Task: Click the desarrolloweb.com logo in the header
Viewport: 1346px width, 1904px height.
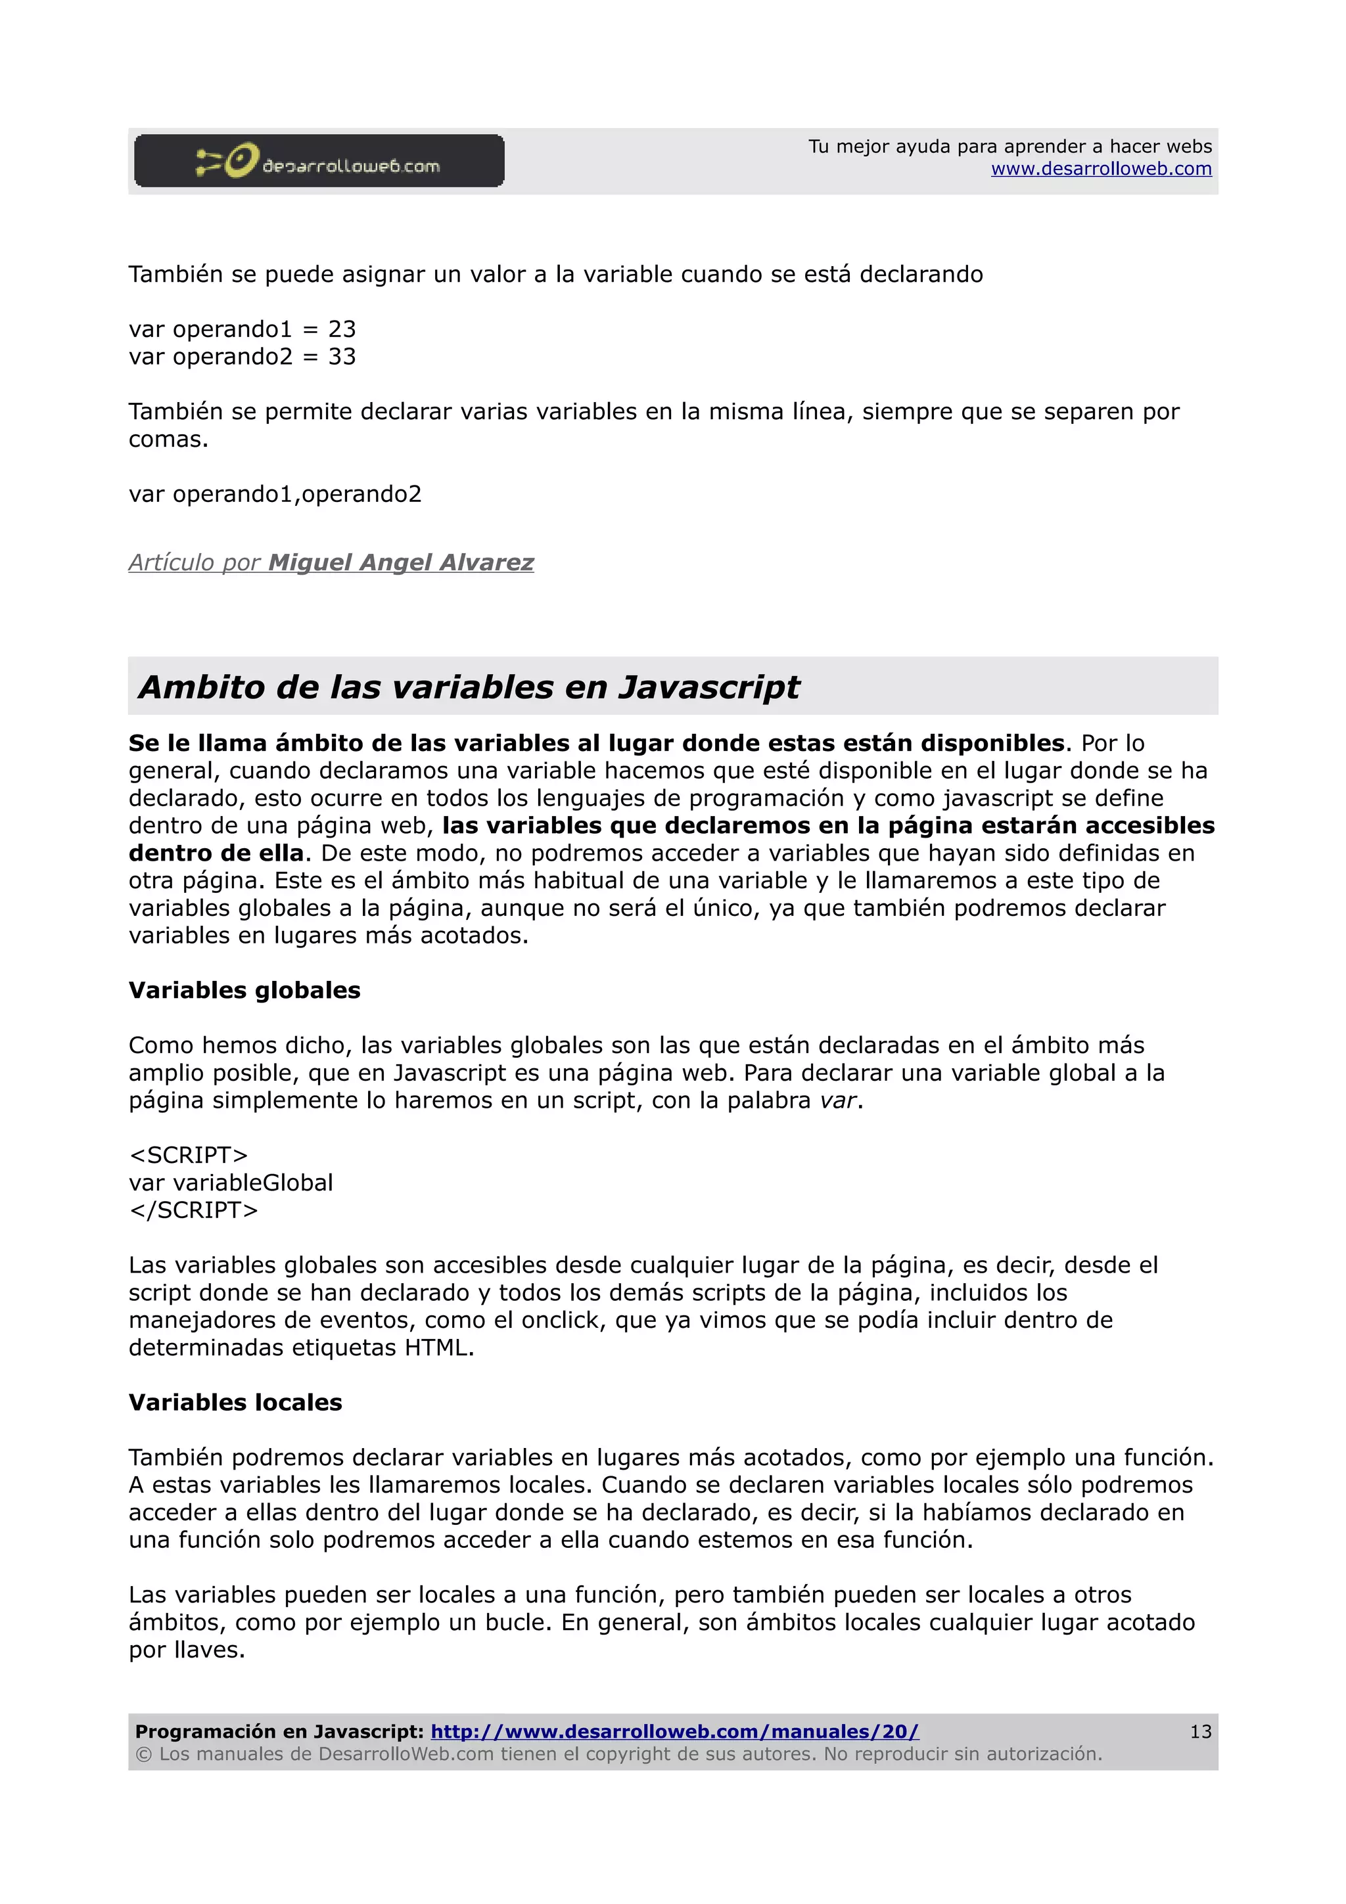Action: point(319,161)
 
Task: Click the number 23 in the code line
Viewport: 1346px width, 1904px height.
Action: point(342,329)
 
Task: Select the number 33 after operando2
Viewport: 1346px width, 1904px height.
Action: point(342,357)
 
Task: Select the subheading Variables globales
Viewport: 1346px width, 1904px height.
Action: point(244,990)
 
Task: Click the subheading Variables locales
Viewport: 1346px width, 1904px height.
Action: point(235,1402)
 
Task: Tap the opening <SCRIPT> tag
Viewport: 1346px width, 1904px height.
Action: point(189,1155)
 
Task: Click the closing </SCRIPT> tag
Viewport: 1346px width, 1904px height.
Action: point(193,1210)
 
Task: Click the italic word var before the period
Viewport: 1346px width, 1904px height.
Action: point(837,1101)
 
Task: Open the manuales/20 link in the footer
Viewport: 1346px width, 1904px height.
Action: point(674,1731)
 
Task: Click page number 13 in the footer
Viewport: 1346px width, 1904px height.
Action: point(1200,1731)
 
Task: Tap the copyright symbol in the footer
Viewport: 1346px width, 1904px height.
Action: point(143,1755)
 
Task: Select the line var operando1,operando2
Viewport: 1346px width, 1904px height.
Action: point(275,494)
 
